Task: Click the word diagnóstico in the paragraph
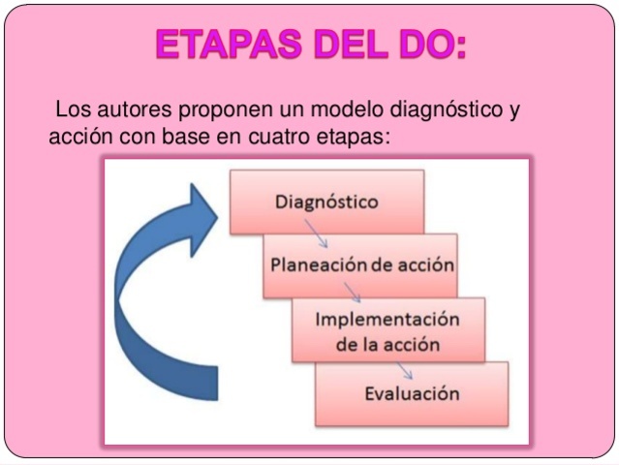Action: [433, 108]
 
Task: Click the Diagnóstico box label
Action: [326, 203]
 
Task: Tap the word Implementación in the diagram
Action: [387, 321]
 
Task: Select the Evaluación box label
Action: [412, 393]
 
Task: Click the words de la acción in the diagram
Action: [387, 344]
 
